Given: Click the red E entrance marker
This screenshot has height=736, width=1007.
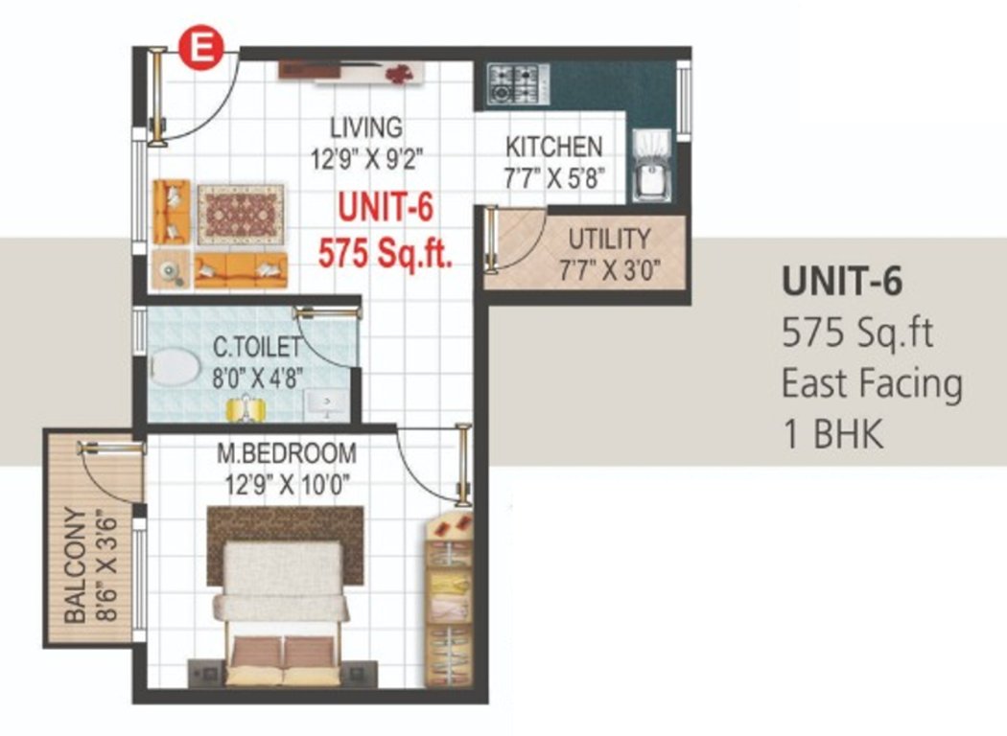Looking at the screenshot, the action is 202,48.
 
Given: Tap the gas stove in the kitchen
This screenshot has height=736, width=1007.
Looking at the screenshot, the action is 518,84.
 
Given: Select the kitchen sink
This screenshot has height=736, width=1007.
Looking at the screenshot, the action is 652,167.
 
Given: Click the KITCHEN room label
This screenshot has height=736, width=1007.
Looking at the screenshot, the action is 554,147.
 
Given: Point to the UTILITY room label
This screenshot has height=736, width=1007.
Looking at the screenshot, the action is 609,240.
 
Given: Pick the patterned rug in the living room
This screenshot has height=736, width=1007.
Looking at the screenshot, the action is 241,214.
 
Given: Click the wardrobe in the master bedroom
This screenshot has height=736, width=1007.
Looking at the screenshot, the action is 449,599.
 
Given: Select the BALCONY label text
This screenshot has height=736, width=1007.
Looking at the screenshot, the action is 76,565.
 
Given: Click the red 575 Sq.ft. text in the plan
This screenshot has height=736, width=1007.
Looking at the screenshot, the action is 386,252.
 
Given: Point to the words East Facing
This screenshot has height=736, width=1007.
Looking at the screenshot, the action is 872,383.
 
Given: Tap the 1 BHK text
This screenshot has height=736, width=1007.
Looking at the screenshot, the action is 832,433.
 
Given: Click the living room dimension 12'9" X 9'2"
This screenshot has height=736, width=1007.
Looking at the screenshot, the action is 367,158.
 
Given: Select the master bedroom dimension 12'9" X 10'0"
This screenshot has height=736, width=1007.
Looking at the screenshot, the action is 287,484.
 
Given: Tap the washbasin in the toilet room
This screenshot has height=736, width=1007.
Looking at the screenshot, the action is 327,403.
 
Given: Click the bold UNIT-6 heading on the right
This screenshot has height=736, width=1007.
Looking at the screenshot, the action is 842,281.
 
